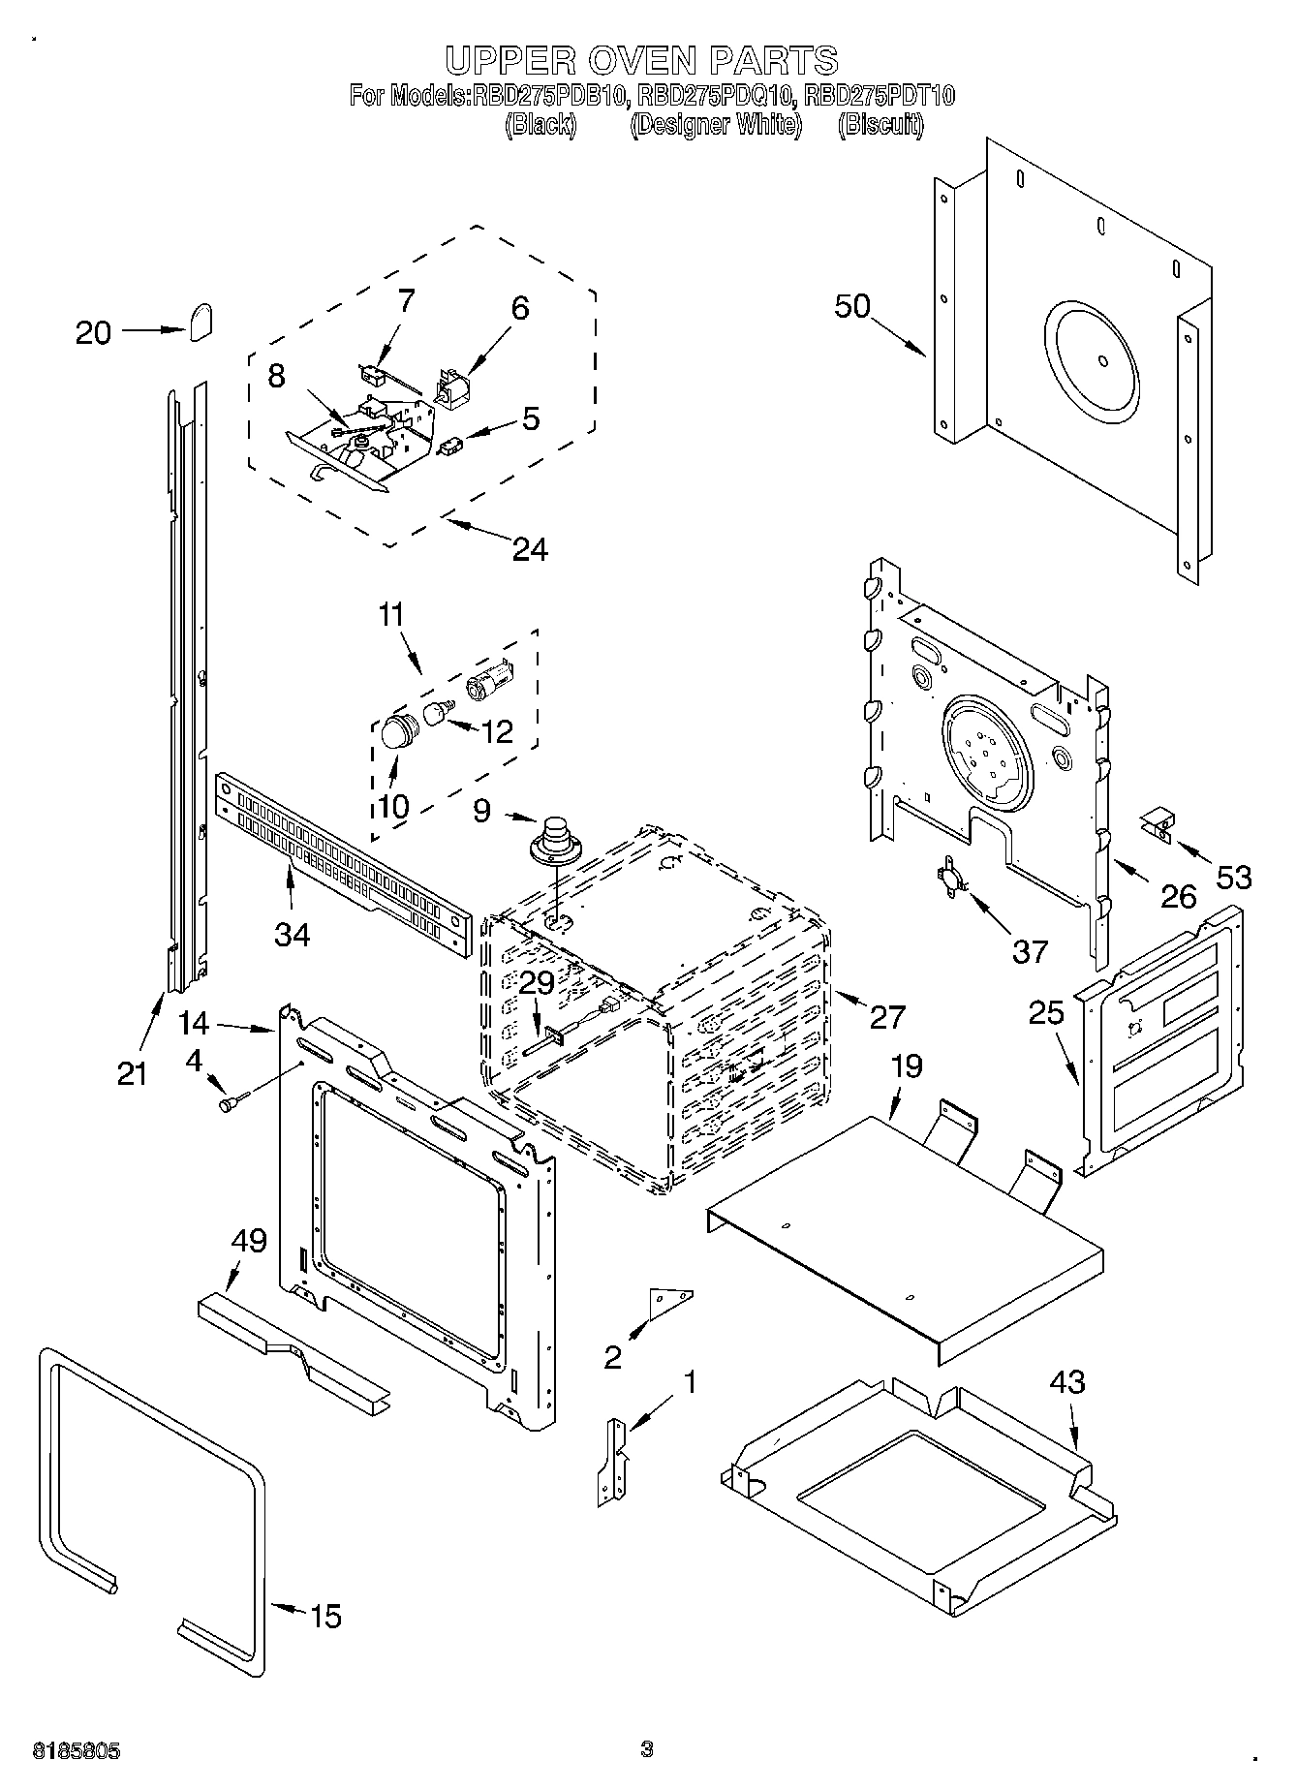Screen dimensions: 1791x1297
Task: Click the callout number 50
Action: click(852, 306)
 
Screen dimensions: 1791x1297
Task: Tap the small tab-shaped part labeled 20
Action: click(201, 322)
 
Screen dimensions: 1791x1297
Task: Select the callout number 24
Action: click(530, 550)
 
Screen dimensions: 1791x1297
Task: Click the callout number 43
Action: click(1065, 1382)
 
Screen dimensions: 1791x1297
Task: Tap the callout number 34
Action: click(292, 935)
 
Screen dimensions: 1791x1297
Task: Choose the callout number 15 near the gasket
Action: click(324, 1616)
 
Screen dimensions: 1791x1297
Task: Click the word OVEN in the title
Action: click(638, 60)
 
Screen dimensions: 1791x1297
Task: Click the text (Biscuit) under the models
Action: click(880, 125)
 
